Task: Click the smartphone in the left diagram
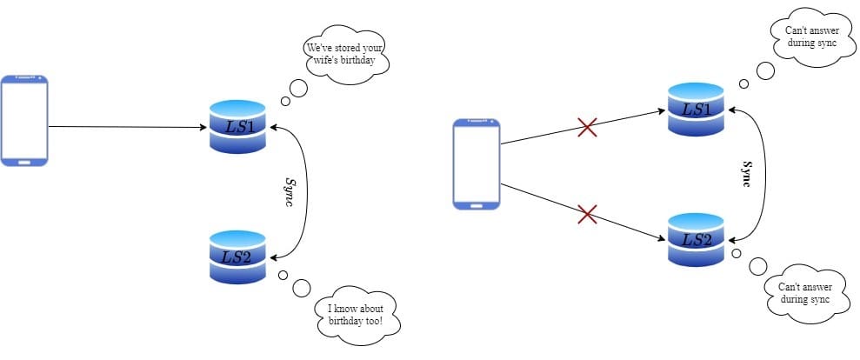click(24, 120)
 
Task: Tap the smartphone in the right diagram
click(476, 163)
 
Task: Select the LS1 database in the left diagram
click(237, 127)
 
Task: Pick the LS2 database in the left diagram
click(237, 257)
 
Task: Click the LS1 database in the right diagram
click(696, 109)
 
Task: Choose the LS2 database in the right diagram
click(696, 239)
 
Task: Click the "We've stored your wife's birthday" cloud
click(344, 55)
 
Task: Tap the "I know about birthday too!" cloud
click(355, 314)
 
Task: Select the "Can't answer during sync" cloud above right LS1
click(810, 36)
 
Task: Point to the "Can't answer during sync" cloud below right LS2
click(804, 292)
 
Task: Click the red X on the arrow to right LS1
click(588, 128)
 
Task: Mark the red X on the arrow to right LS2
click(588, 212)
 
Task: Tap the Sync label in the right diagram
click(745, 174)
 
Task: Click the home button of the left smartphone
click(24, 161)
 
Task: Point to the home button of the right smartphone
click(476, 204)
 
